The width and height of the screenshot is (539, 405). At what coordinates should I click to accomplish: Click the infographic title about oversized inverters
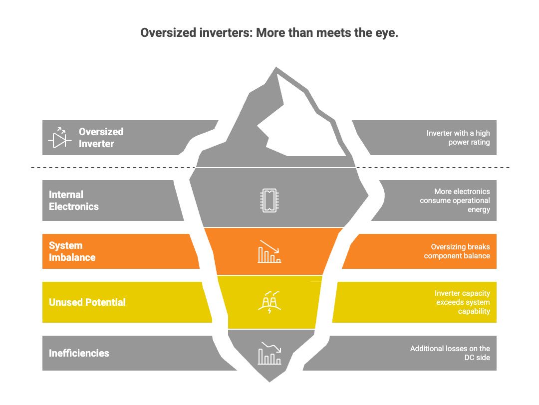pyautogui.click(x=269, y=33)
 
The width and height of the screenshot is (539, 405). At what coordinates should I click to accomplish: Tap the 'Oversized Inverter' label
pyautogui.click(x=101, y=138)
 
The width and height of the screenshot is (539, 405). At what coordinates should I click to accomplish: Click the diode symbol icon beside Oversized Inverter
pyautogui.click(x=59, y=138)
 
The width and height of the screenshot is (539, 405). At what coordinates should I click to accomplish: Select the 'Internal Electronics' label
pyautogui.click(x=74, y=201)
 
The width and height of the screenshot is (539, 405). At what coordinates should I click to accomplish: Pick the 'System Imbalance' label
pyautogui.click(x=72, y=251)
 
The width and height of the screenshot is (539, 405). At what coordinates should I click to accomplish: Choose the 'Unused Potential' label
pyautogui.click(x=87, y=302)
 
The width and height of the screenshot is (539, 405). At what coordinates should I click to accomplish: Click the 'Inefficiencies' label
pyautogui.click(x=79, y=353)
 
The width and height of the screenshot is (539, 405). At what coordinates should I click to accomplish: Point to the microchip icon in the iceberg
pyautogui.click(x=269, y=201)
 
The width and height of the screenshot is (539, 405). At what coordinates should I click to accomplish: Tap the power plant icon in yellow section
pyautogui.click(x=269, y=302)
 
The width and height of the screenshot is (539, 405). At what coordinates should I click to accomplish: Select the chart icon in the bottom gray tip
pyautogui.click(x=269, y=353)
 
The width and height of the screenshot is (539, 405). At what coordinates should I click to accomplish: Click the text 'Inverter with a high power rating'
pyautogui.click(x=458, y=138)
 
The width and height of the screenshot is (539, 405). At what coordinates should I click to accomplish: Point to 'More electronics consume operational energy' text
pyautogui.click(x=455, y=201)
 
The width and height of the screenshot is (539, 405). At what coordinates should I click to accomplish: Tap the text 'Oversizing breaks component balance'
pyautogui.click(x=457, y=251)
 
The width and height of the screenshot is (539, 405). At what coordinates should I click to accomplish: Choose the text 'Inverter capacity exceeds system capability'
pyautogui.click(x=462, y=302)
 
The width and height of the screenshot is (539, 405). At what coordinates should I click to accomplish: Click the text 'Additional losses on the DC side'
pyautogui.click(x=450, y=353)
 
